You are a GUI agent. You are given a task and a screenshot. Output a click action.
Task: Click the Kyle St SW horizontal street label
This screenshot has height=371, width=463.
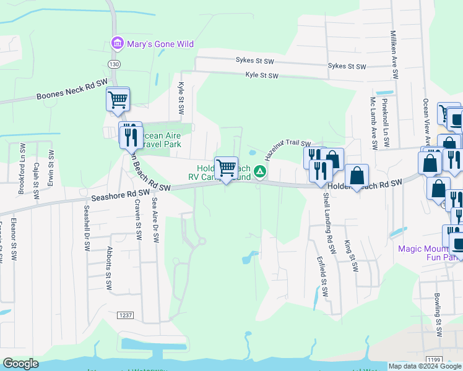(x=262, y=75)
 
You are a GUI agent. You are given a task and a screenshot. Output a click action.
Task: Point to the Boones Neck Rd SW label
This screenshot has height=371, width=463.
(x=72, y=89)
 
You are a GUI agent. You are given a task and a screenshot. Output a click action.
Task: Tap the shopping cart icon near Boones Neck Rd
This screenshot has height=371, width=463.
(x=118, y=99)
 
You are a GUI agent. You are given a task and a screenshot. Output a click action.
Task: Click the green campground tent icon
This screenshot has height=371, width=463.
(x=261, y=171)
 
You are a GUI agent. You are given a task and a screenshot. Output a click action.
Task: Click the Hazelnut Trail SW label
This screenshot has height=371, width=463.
(x=288, y=148)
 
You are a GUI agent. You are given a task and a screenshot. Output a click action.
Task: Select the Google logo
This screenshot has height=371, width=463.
(x=21, y=364)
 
